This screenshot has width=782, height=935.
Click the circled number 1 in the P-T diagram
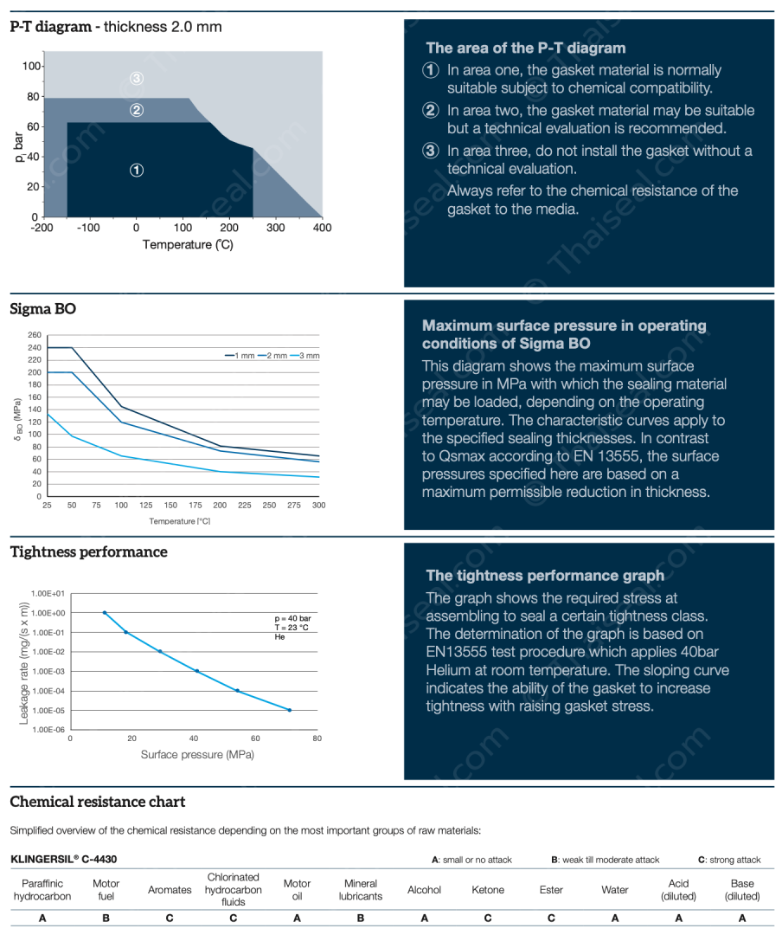tap(137, 170)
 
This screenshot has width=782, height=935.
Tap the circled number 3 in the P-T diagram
tap(137, 79)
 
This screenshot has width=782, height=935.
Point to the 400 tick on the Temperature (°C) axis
tap(322, 228)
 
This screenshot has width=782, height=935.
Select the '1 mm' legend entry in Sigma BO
tap(243, 356)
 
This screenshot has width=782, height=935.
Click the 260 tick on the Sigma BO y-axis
tap(35, 335)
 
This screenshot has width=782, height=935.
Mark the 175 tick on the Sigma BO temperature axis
tap(195, 505)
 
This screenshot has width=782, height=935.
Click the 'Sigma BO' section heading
tap(42, 307)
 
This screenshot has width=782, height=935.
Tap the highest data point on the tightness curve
tap(105, 613)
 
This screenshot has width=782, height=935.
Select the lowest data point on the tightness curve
tap(289, 710)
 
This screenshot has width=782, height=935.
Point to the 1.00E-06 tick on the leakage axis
tap(48, 730)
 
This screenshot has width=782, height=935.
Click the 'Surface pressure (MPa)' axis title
tap(197, 754)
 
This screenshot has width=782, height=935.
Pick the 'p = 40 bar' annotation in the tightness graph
tap(292, 618)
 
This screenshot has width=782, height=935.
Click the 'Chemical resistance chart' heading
tap(97, 802)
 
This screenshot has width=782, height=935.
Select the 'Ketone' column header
tap(488, 889)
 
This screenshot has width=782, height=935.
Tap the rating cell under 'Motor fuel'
tap(106, 919)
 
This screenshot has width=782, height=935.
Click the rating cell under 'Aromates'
tap(170, 919)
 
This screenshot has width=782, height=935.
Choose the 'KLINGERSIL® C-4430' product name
tap(64, 860)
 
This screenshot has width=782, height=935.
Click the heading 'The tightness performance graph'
tap(545, 576)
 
